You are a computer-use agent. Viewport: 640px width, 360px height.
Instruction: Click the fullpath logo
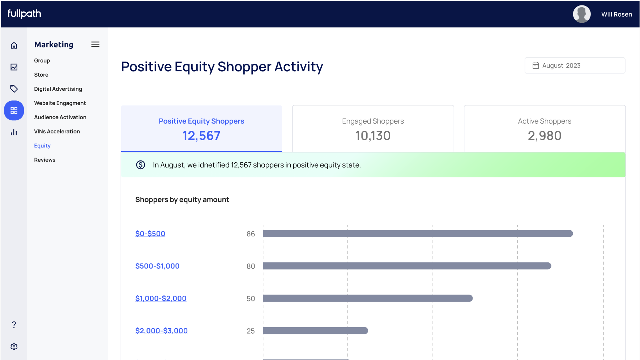[x=24, y=14]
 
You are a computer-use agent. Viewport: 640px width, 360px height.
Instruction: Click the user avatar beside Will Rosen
[x=581, y=14]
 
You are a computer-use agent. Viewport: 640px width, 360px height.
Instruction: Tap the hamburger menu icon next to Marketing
[x=95, y=44]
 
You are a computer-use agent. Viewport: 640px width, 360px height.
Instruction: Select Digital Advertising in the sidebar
[x=58, y=89]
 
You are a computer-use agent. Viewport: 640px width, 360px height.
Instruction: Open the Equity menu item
[x=42, y=146]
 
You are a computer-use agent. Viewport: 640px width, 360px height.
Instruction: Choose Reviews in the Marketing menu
[x=45, y=160]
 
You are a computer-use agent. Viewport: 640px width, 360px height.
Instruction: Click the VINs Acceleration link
[x=57, y=132]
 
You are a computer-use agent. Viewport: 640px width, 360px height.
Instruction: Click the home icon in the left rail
[x=14, y=46]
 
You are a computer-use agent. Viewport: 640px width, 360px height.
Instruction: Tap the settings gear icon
[x=14, y=346]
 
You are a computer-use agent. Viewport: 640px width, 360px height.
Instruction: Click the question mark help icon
[x=14, y=325]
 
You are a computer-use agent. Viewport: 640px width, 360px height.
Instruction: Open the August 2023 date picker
[x=575, y=65]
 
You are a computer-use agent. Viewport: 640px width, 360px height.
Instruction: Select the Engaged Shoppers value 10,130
[x=373, y=136]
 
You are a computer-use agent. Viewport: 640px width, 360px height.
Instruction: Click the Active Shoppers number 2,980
[x=545, y=136]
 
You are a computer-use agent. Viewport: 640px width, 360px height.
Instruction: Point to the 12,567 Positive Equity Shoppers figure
[x=201, y=136]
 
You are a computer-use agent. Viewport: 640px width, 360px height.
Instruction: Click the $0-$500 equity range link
[x=150, y=234]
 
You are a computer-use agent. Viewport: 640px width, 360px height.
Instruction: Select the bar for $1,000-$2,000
[x=367, y=298]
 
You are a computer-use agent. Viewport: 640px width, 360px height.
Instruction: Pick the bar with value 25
[x=315, y=331]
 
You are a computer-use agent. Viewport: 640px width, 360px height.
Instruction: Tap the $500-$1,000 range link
[x=157, y=266]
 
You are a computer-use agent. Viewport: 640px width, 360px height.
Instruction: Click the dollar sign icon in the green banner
[x=141, y=165]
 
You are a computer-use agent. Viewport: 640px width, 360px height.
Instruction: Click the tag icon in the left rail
[x=14, y=89]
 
